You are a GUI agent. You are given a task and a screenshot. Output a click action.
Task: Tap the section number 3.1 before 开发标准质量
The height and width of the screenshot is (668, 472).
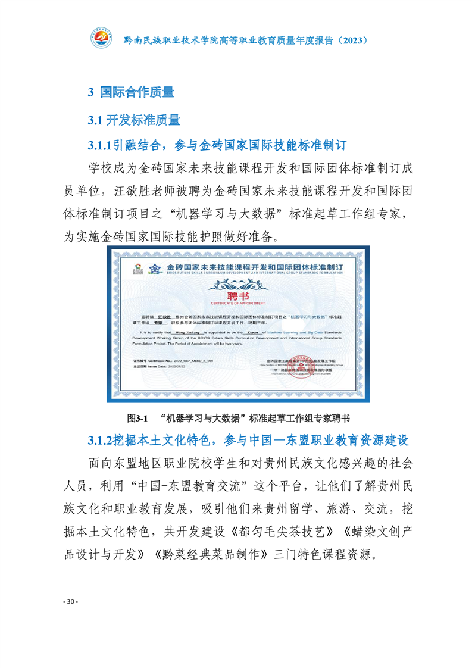coord(96,120)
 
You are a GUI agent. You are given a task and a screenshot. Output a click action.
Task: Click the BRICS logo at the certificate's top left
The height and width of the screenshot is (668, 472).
coord(138,267)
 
